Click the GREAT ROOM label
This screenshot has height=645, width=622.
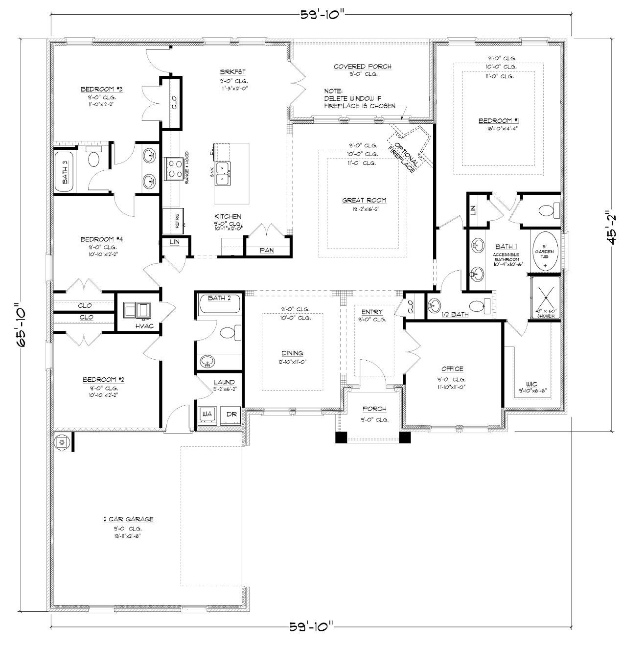tap(364, 200)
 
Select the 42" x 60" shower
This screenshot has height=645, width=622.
tap(546, 296)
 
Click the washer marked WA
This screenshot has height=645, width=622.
tap(207, 414)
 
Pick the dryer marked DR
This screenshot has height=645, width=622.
tap(230, 414)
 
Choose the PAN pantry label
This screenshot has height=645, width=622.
tap(267, 250)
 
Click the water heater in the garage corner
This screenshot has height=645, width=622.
tap(62, 442)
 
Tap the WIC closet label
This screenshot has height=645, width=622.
tap(531, 384)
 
